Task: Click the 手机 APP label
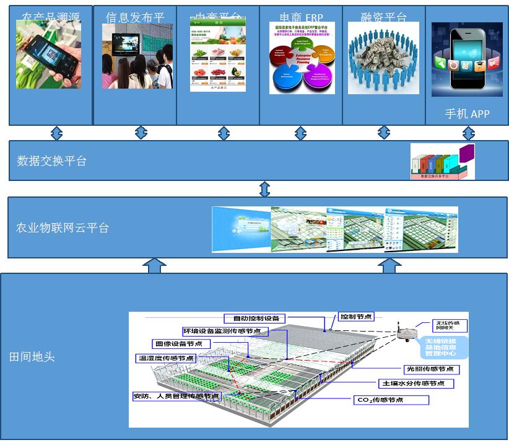pos(467,114)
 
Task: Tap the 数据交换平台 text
pos(51,161)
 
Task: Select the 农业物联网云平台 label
pos(62,228)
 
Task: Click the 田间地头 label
pos(32,357)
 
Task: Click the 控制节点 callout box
pos(356,317)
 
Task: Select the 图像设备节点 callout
pos(181,344)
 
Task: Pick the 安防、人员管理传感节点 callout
pos(176,396)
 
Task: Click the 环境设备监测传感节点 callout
pos(222,331)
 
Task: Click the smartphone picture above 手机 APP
pos(467,59)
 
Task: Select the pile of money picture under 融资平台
pos(383,58)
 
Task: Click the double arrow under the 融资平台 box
pos(384,132)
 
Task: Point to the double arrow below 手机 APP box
pos(469,133)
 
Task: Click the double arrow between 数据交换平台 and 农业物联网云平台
pos(264,188)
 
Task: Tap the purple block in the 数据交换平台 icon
pos(466,153)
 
